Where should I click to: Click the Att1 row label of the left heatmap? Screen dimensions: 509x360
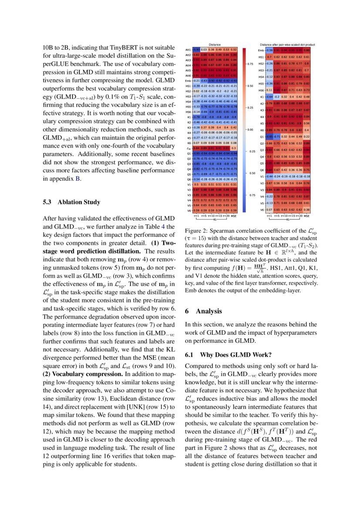tap(188, 50)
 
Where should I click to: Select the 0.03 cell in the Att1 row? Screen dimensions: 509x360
tap(203, 50)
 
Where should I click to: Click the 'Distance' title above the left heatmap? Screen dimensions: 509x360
tap(215, 44)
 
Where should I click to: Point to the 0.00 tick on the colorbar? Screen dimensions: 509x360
tap(250, 130)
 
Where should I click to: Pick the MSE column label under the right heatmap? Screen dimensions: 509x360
tap(306, 215)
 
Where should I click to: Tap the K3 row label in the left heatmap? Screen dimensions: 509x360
tap(188, 128)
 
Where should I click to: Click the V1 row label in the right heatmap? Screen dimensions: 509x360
tap(262, 176)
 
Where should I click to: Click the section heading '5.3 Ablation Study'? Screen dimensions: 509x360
tap(71, 202)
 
